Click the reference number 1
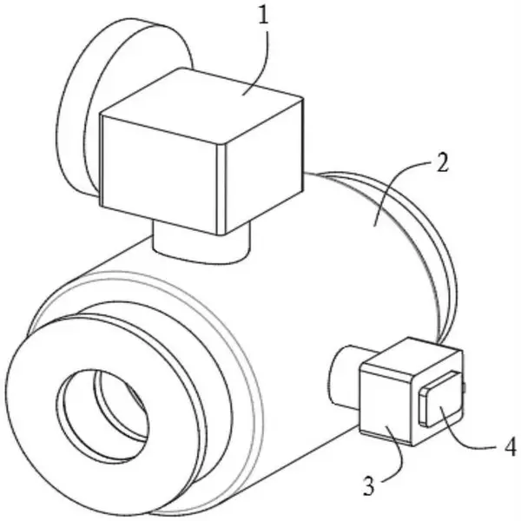coord(263,16)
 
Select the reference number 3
coord(369,486)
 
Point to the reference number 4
coord(511,447)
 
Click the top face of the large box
coord(201,105)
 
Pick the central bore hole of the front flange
coord(102,416)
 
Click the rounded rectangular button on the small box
coord(441,399)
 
